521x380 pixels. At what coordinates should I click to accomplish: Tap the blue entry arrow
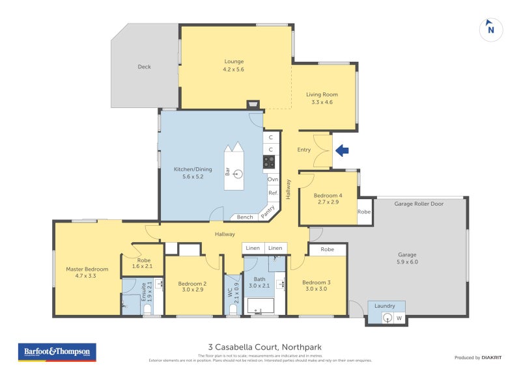(342, 150)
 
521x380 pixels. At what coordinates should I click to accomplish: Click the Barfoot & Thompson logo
(57, 352)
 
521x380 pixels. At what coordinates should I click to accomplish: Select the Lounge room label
(234, 62)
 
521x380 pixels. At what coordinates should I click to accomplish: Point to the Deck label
(144, 66)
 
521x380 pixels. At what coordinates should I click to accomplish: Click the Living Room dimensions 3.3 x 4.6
(322, 102)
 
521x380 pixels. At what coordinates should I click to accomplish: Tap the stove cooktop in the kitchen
(270, 162)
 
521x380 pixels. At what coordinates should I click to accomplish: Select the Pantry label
(267, 211)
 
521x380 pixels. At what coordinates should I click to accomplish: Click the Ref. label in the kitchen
(273, 193)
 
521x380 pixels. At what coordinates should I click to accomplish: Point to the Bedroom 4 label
(327, 195)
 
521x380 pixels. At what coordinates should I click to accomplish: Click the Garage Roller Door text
(419, 204)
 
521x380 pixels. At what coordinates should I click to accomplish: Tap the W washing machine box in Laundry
(399, 318)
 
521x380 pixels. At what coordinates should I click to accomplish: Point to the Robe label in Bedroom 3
(327, 249)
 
